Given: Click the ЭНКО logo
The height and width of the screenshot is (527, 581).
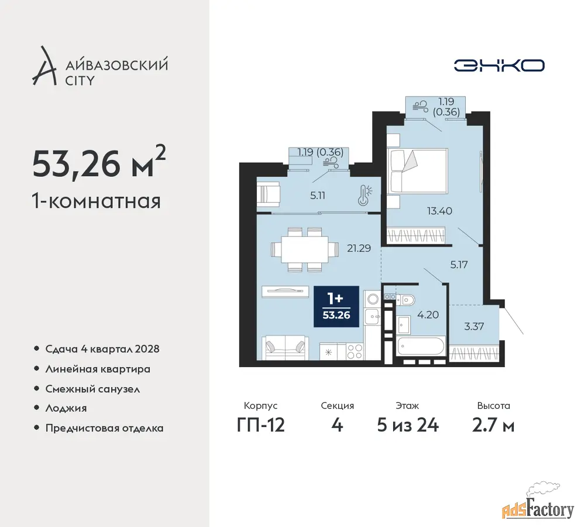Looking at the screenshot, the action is [499, 66].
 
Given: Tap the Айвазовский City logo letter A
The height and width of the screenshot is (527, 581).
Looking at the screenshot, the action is [44, 66].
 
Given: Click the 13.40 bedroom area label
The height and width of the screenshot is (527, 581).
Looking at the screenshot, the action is [439, 211].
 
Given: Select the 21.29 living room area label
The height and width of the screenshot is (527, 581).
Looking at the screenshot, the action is [359, 248].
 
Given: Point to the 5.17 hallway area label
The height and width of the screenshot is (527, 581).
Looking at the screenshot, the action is [459, 265].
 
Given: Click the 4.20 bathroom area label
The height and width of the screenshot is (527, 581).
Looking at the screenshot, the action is [428, 315].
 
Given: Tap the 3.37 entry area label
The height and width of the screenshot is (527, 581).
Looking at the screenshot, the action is [474, 326].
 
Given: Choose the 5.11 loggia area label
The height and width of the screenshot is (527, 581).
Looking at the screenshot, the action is [318, 196].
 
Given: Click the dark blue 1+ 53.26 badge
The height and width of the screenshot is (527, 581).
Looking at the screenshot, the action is [336, 307].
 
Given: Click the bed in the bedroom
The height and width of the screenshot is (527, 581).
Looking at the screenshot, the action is [417, 171].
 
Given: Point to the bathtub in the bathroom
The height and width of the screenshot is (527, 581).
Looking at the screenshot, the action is [421, 346].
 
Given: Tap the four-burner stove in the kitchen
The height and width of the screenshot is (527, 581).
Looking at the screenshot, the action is [355, 351].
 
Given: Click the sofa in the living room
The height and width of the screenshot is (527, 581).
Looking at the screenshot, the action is [285, 347].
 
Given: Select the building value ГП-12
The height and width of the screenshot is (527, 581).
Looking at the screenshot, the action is [261, 425].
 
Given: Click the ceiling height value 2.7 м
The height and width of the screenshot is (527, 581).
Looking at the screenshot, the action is [493, 425].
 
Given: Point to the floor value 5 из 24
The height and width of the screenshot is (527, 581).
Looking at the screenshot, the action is [408, 425].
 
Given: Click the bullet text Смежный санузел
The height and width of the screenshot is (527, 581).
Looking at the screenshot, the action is [92, 389].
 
